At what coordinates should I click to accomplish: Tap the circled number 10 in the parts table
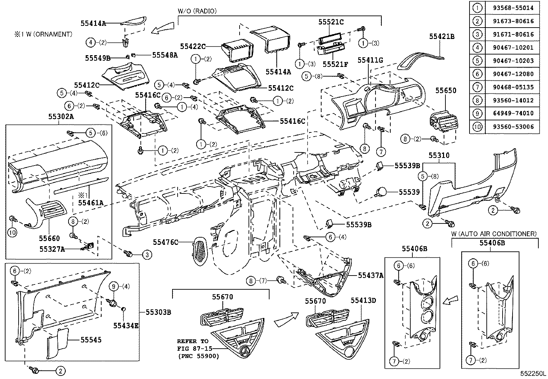(477, 127)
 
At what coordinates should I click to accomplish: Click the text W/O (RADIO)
(197, 11)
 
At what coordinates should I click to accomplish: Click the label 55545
(91, 340)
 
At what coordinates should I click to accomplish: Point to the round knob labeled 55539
(382, 192)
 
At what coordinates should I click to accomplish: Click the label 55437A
(370, 275)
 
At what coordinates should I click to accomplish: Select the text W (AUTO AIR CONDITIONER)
(494, 234)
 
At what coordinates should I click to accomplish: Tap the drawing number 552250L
(533, 373)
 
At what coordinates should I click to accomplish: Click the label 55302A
(61, 117)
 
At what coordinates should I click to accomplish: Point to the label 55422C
(192, 46)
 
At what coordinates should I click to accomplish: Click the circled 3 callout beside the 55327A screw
(147, 255)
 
